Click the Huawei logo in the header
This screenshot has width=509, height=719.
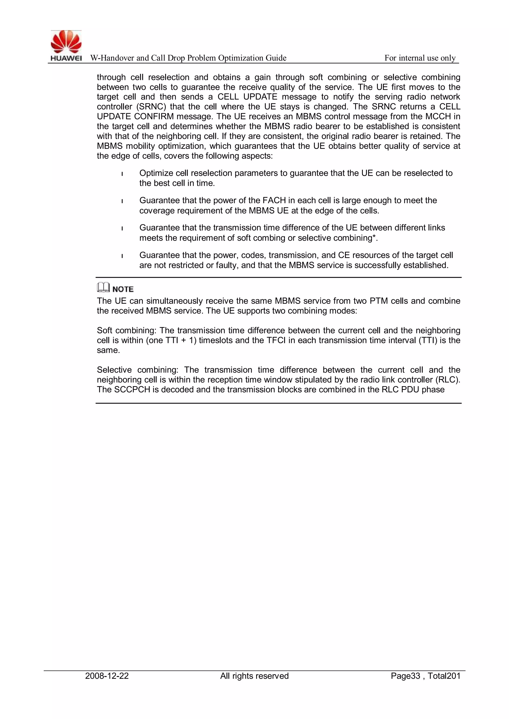tap(66, 45)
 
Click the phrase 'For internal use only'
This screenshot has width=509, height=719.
tap(420, 58)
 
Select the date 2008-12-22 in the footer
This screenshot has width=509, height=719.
tap(107, 676)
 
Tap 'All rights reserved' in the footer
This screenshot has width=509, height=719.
tap(254, 676)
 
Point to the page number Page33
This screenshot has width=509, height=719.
tap(405, 676)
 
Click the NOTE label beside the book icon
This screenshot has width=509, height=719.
tap(123, 289)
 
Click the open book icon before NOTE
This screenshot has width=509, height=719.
tap(103, 287)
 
